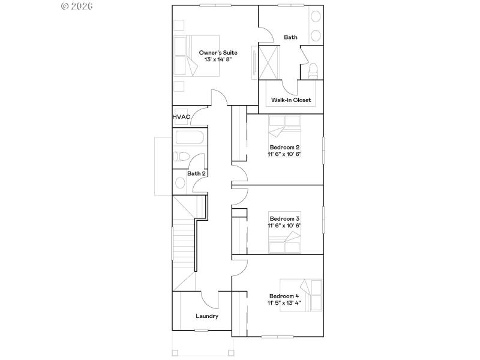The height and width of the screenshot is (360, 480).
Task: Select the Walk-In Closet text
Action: click(291, 100)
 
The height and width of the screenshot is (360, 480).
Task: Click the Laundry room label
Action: click(207, 316)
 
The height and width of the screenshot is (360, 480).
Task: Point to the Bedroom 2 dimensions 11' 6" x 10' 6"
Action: click(284, 154)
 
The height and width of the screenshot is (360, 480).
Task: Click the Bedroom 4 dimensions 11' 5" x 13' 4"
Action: click(284, 303)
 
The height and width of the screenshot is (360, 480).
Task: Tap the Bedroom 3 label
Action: click(284, 218)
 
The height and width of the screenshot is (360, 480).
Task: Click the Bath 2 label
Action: click(196, 173)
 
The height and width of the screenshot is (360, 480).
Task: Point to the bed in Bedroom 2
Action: click(284, 127)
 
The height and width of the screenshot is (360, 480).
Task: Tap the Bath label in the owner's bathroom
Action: click(290, 37)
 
